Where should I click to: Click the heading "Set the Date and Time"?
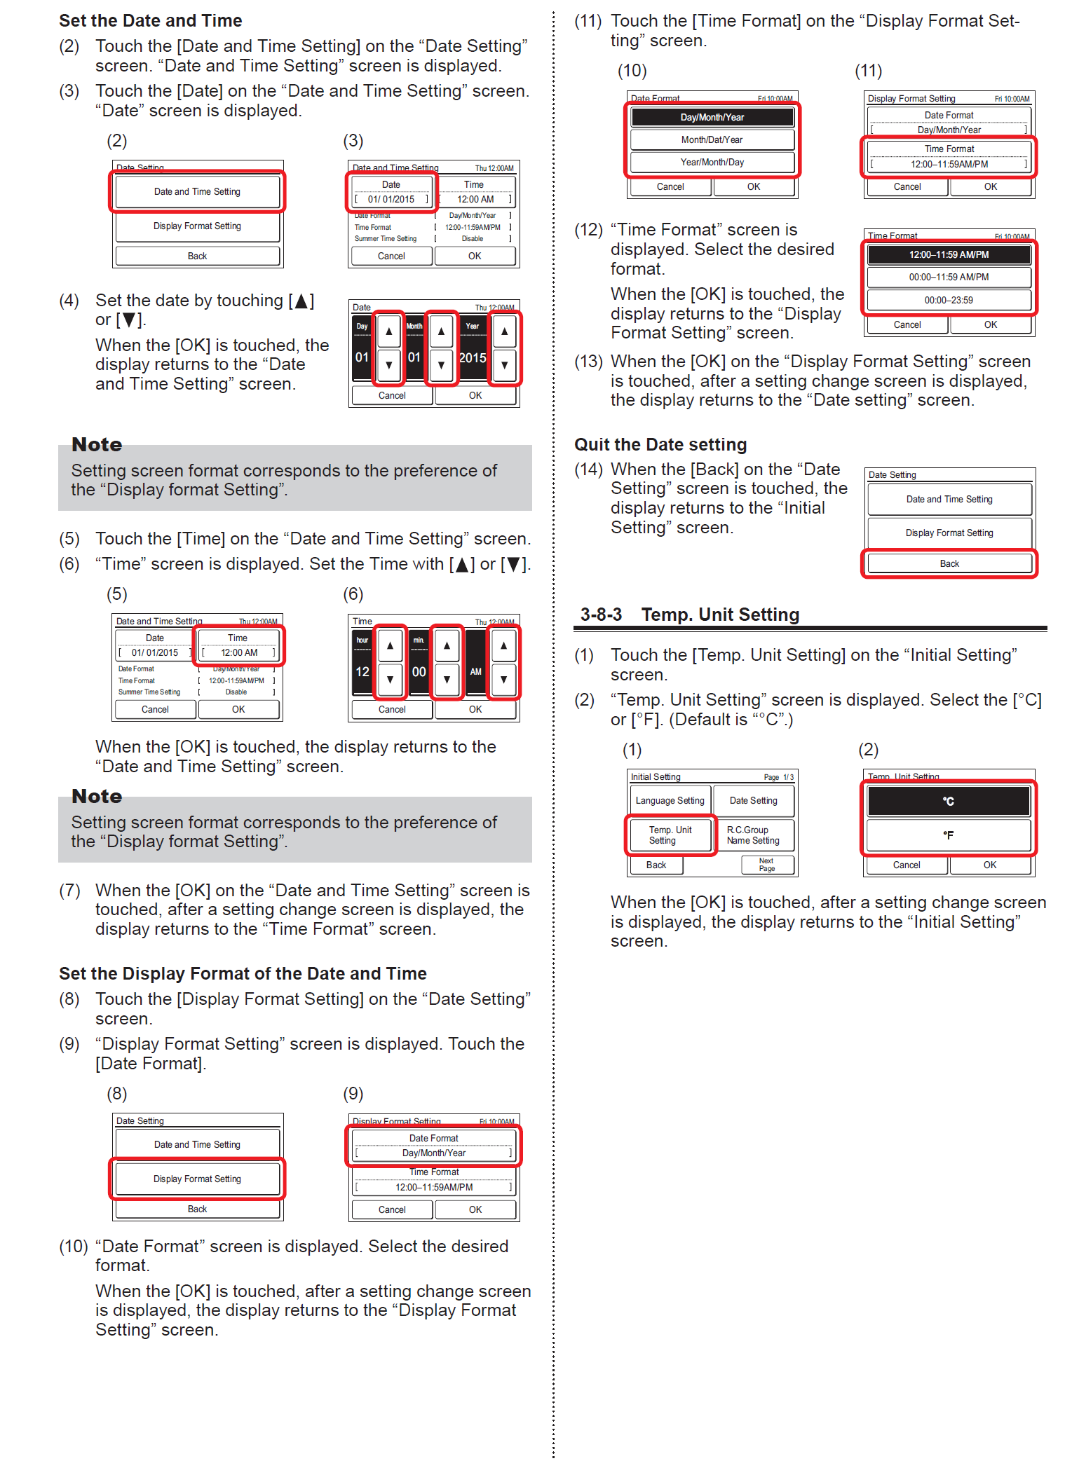150,21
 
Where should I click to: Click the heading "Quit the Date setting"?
660,445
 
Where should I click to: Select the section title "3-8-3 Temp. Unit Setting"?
689,615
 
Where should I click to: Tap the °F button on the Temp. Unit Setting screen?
948,835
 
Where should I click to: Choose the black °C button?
948,801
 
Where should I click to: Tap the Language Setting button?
670,800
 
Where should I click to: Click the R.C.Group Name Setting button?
753,835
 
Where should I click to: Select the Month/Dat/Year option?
712,139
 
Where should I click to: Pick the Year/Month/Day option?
712,162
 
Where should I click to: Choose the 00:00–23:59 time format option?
948,300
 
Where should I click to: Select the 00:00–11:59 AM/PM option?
948,277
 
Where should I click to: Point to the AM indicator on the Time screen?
475,671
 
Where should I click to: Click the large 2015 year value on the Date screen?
473,357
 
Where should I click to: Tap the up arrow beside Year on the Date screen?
504,331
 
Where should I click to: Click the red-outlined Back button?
949,563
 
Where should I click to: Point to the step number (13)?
588,362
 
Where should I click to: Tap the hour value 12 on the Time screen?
362,671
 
